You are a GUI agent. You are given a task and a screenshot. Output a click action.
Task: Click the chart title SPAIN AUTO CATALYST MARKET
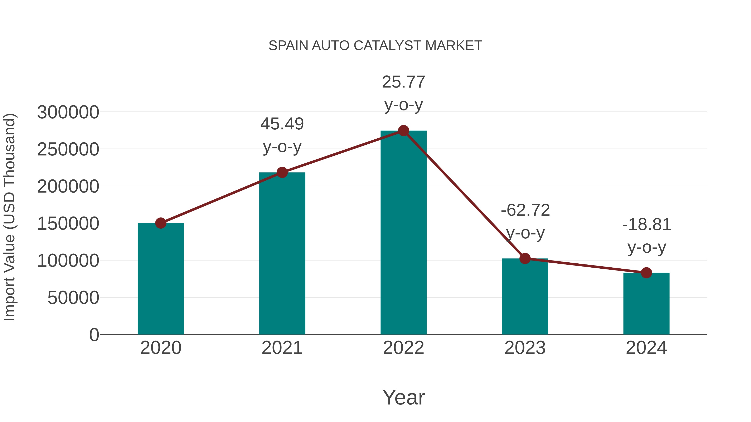(375, 46)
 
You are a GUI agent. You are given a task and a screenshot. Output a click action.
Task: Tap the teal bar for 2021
(282, 253)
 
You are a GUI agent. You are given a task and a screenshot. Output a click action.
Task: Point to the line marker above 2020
(161, 223)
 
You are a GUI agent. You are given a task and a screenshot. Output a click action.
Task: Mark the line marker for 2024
(646, 273)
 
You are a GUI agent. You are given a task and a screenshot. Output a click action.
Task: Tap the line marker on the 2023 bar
(525, 258)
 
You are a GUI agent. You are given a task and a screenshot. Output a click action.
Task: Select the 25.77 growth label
(403, 93)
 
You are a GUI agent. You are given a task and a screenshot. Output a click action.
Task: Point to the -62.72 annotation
(525, 221)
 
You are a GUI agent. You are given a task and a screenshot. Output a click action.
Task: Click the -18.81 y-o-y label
(647, 236)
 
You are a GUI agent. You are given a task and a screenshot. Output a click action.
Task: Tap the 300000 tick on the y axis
(68, 112)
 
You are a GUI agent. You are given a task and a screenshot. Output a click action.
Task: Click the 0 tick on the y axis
(94, 335)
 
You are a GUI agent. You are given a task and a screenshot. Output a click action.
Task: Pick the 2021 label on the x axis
(282, 348)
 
